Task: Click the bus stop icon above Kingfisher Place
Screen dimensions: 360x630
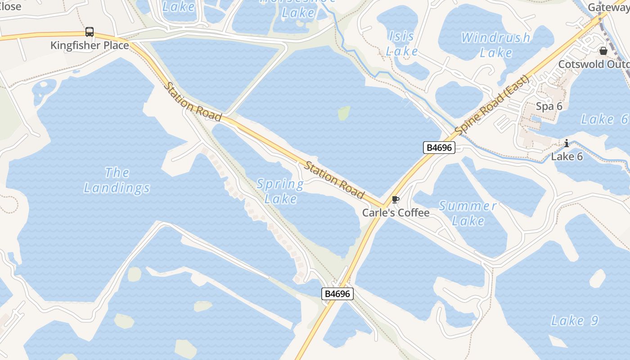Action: coord(90,32)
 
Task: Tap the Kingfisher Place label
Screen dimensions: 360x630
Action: coord(90,45)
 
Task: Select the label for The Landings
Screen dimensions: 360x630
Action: coord(117,180)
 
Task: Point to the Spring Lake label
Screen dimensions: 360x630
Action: coord(280,191)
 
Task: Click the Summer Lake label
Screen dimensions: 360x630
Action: coord(468,213)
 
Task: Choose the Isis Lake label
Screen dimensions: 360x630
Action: coord(401,44)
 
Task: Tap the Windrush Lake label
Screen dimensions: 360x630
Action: coord(495,45)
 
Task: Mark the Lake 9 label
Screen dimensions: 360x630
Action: coord(575,321)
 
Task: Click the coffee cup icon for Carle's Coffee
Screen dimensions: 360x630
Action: coord(396,200)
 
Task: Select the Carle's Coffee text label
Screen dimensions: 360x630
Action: coord(396,212)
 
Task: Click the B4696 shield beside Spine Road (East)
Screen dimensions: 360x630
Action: coord(439,148)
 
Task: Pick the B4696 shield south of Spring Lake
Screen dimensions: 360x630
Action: coord(337,294)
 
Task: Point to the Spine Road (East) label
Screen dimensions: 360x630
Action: coord(492,106)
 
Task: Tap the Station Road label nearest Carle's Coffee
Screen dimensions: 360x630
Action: coord(334,180)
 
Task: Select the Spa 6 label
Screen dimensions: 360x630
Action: coord(549,106)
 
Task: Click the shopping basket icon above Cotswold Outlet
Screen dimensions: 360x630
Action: coord(603,51)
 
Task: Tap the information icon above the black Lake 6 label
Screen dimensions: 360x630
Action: coord(567,144)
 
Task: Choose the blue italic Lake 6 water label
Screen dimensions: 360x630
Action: coord(604,119)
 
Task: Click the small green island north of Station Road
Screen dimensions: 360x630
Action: coord(344,113)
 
